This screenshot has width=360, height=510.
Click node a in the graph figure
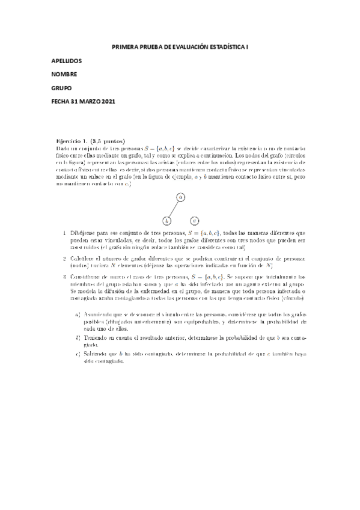pyautogui.click(x=180, y=197)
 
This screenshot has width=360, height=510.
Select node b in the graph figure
pyautogui.click(x=167, y=221)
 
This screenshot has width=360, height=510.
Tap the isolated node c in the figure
pyautogui.click(x=194, y=221)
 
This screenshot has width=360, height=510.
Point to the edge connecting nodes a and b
pyautogui.click(x=174, y=209)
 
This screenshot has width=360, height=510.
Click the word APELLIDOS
pyautogui.click(x=67, y=61)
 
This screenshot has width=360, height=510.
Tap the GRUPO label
pyautogui.click(x=61, y=88)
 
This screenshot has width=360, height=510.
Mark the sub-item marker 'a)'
pyautogui.click(x=78, y=315)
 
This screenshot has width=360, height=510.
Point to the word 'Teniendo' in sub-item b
pyautogui.click(x=96, y=339)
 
